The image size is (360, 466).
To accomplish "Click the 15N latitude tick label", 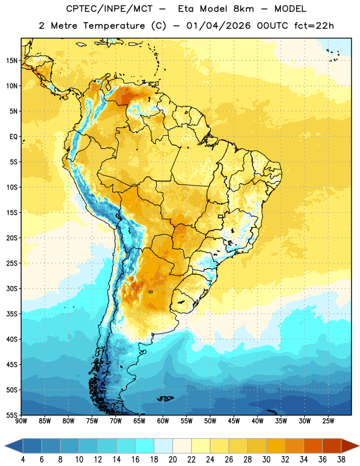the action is tap(12, 61).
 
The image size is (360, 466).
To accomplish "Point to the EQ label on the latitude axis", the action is tap(13, 137).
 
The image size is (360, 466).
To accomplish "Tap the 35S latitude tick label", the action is tap(12, 314).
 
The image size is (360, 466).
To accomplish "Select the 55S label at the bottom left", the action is tap(12, 415).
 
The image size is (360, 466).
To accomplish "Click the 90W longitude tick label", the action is tap(21, 421).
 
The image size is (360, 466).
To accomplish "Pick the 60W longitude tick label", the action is tap(163, 421).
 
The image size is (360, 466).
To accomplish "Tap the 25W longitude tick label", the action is tap(328, 421).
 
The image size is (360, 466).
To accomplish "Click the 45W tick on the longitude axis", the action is tap(234, 421).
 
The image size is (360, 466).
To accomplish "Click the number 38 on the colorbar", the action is tap(341, 460).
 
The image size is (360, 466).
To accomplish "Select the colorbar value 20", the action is tap(172, 460).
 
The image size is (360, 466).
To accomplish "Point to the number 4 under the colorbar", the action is tap(23, 460).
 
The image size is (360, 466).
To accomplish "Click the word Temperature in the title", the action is tap(114, 26).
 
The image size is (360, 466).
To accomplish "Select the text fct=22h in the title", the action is tap(314, 26).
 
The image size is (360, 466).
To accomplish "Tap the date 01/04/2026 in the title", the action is tap(218, 26).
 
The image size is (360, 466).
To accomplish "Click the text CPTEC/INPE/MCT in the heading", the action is tap(110, 9).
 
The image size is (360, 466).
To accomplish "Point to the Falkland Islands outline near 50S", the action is tap(165, 398).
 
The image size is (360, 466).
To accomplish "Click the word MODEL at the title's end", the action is tap(290, 9).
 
